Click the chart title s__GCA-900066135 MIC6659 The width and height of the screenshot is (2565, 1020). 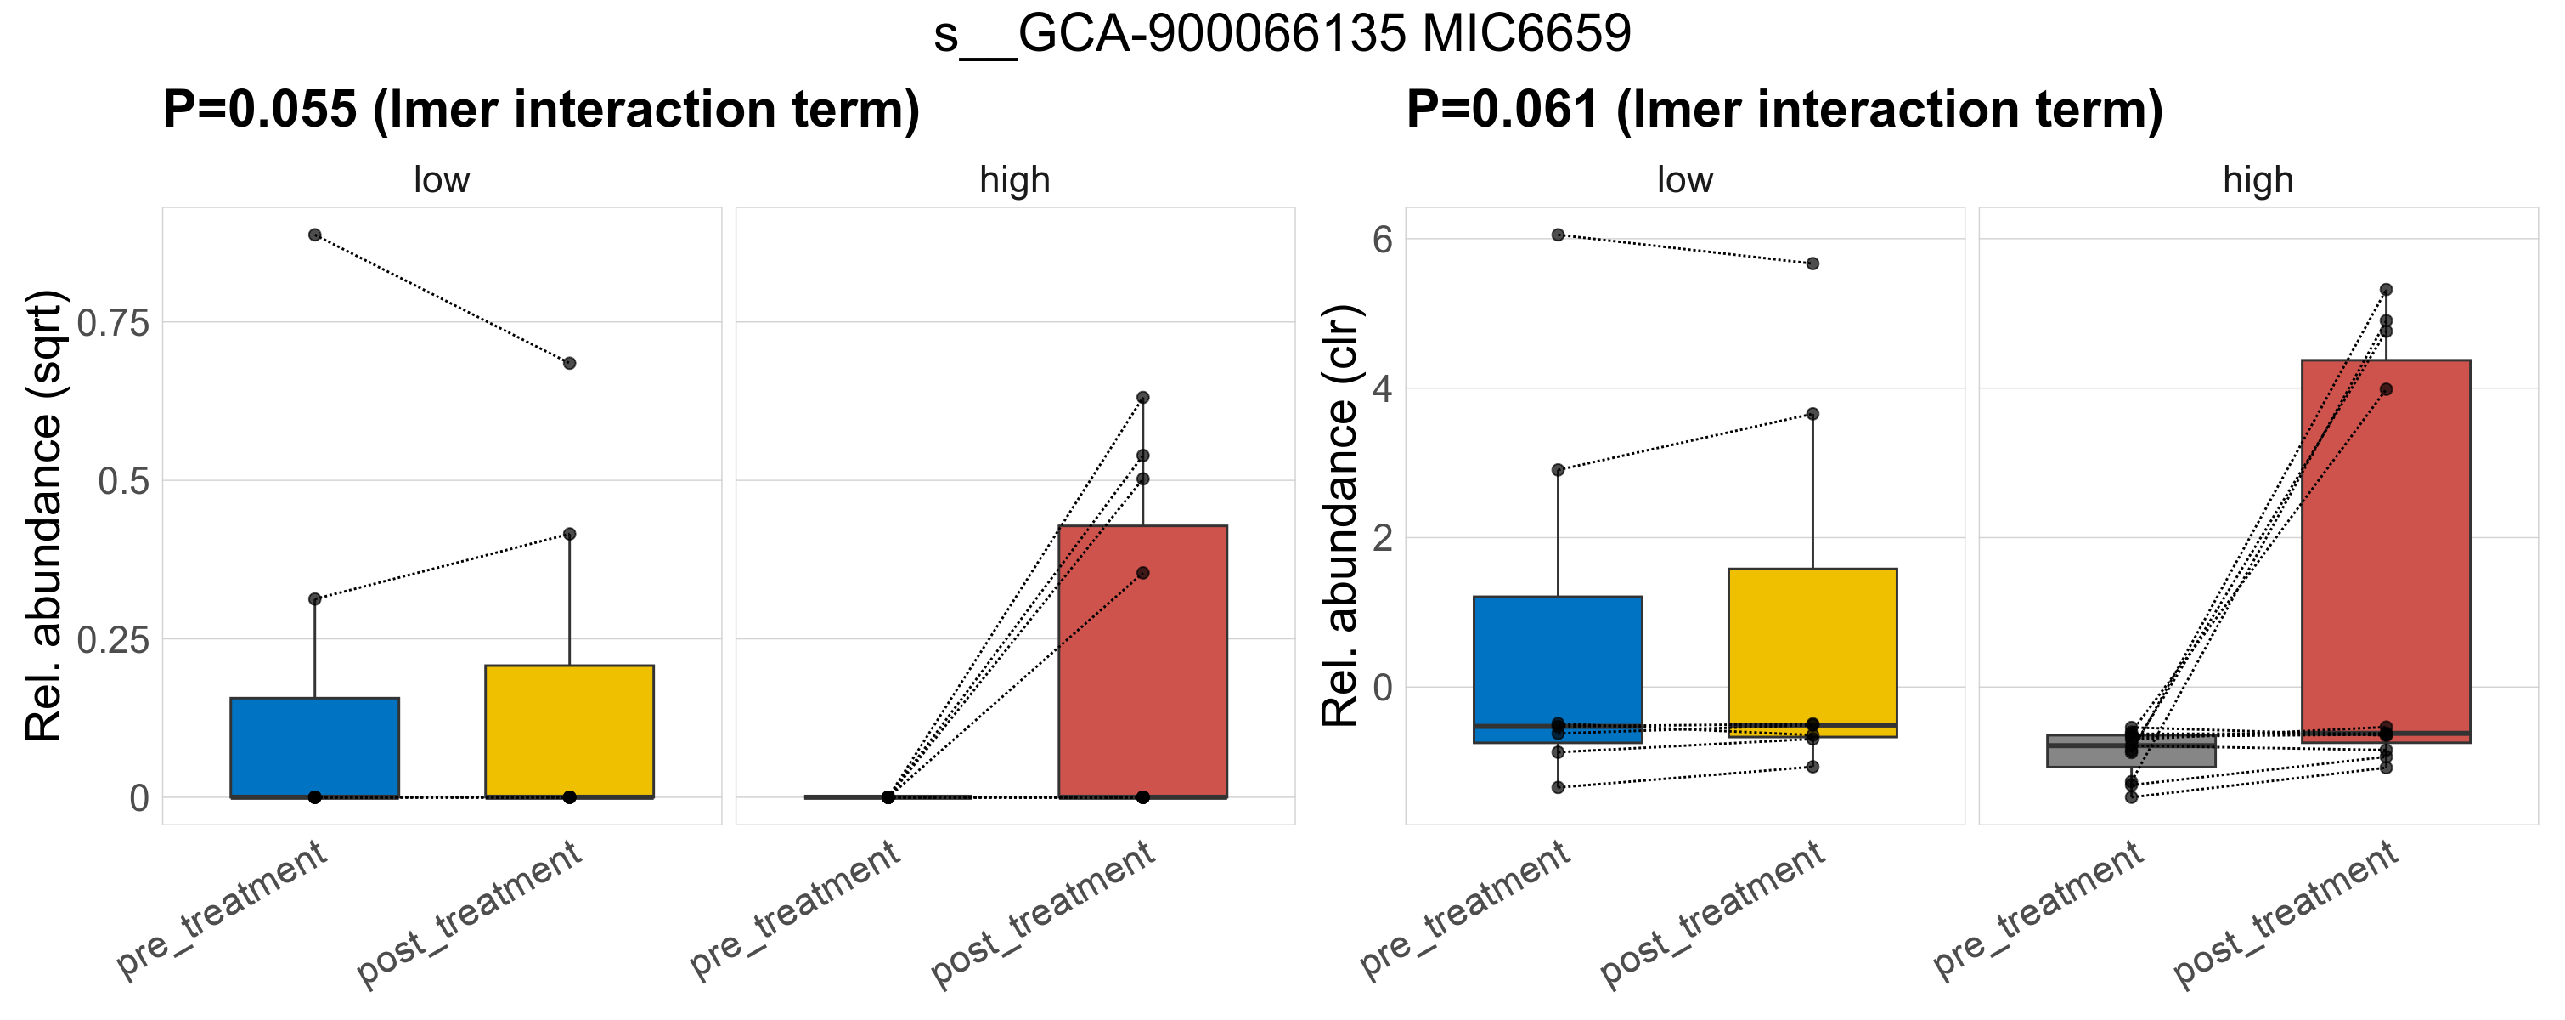pos(1282,34)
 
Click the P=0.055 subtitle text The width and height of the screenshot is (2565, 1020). pos(541,109)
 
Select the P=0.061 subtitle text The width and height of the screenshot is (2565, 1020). pos(1784,109)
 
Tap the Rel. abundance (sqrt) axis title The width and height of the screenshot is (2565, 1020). pos(45,515)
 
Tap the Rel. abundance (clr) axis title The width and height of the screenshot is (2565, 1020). pos(1340,515)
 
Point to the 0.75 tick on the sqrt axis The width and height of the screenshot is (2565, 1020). pos(112,323)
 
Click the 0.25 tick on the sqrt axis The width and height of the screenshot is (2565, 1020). pos(112,639)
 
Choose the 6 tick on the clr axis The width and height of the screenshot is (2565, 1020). pos(1382,239)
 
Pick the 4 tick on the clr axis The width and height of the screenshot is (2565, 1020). pos(1382,388)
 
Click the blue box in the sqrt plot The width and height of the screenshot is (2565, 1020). pos(314,747)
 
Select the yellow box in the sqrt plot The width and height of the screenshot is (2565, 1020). pos(570,730)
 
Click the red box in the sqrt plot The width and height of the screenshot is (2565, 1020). pos(1143,661)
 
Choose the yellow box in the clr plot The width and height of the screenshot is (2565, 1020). pos(1812,653)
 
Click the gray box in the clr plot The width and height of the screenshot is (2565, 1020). pos(2131,751)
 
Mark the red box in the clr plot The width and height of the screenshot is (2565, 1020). pos(2386,551)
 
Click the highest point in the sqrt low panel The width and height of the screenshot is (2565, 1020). pos(314,235)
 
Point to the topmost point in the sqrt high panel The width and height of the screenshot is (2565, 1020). pos(1143,398)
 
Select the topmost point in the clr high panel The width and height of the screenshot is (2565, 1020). pos(2386,290)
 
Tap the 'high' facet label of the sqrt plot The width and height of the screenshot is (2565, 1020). pos(1015,180)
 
